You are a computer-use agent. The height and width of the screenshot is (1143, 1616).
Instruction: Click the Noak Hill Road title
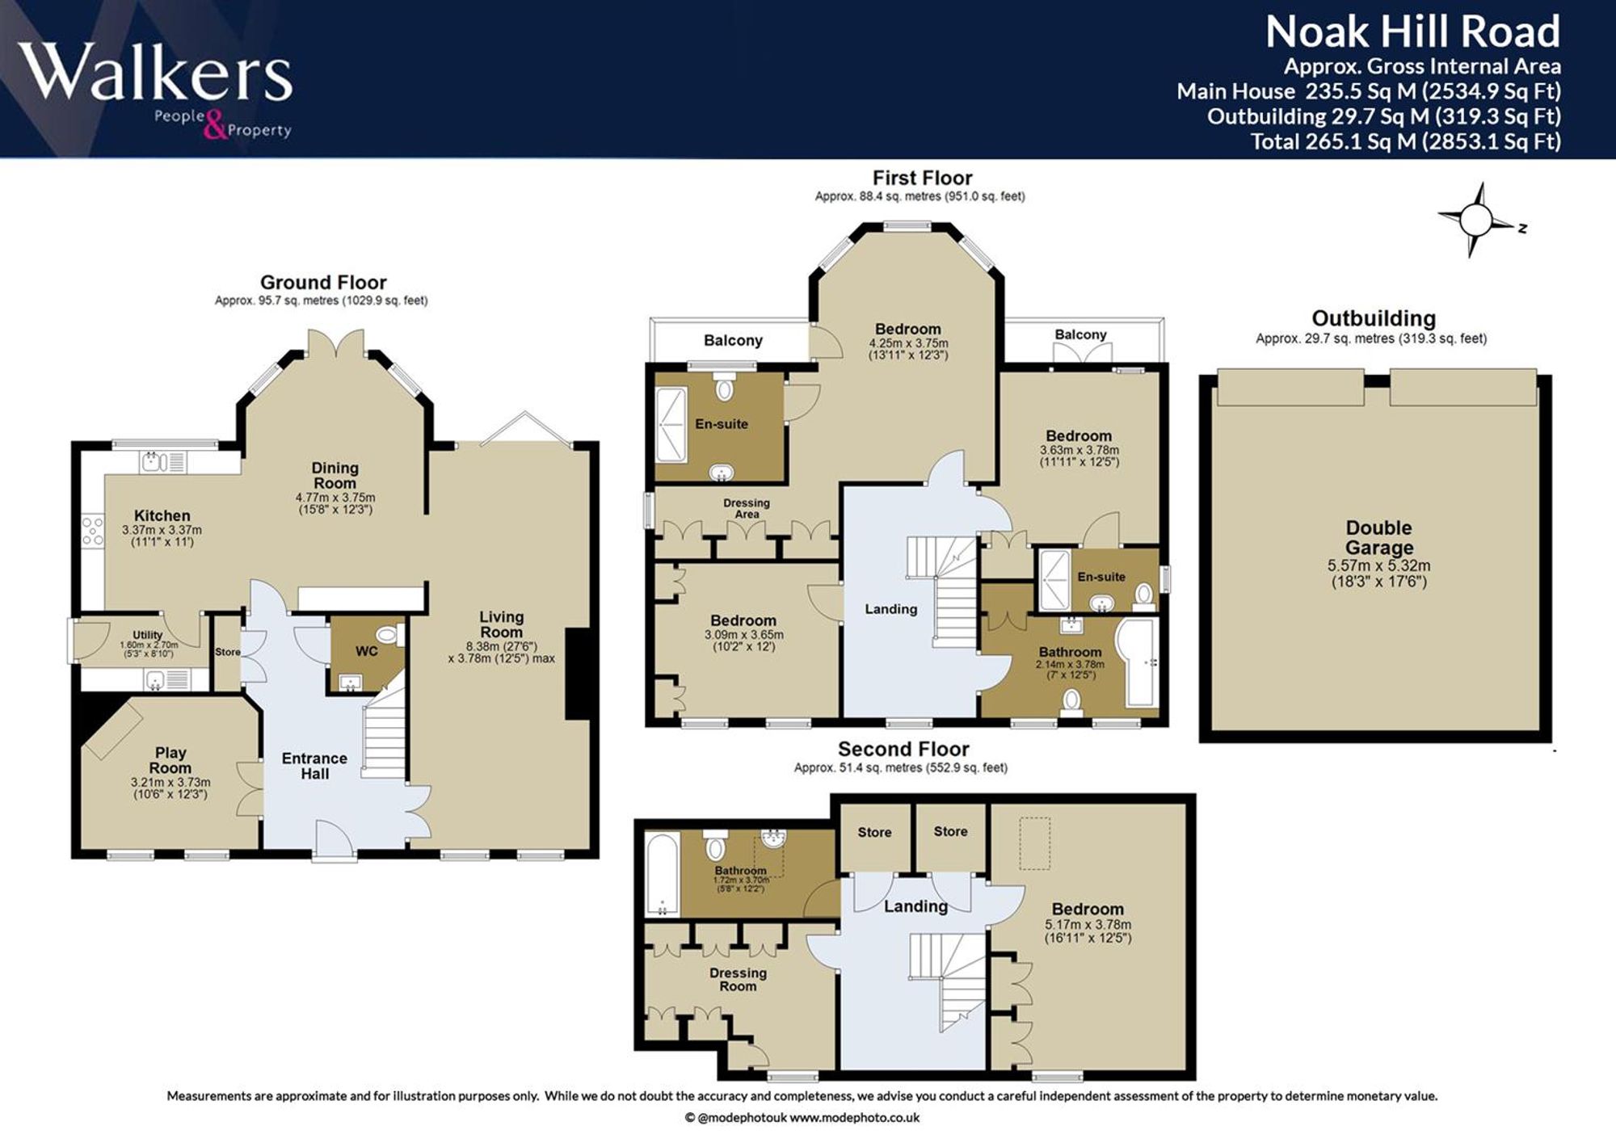(x=1412, y=32)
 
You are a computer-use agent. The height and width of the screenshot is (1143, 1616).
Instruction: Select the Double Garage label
(x=1378, y=538)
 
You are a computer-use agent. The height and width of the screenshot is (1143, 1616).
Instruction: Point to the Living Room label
(x=501, y=624)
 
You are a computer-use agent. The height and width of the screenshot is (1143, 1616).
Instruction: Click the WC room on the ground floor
(x=366, y=655)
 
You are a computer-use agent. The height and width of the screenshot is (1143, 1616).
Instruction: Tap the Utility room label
(x=147, y=636)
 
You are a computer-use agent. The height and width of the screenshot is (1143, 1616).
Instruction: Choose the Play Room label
(x=170, y=760)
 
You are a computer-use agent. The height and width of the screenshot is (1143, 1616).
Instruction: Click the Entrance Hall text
(x=314, y=766)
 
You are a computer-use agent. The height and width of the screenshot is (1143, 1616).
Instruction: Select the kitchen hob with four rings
(x=93, y=531)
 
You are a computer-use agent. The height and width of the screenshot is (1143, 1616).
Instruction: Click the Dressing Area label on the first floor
(x=747, y=508)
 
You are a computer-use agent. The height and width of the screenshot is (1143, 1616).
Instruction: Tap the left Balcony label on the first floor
(x=733, y=340)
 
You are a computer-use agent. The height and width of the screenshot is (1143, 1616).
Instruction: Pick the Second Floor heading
(x=903, y=749)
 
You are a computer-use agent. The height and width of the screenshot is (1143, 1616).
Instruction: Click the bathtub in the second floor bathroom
(x=663, y=875)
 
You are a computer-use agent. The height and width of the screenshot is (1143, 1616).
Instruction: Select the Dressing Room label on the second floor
(x=738, y=979)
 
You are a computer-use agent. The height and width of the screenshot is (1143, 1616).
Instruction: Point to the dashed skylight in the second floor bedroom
(x=1034, y=843)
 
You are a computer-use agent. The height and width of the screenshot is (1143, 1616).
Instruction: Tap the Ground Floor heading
(x=323, y=283)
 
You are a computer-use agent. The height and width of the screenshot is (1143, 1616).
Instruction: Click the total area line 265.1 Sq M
(x=1405, y=142)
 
